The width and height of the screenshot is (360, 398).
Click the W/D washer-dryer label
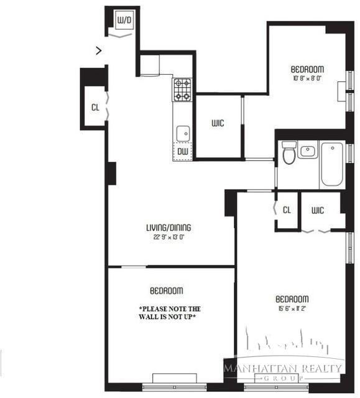click(125, 21)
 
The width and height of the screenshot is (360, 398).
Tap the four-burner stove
click(182, 90)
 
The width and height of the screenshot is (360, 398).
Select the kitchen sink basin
click(183, 133)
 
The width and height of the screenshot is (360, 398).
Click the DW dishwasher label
click(183, 151)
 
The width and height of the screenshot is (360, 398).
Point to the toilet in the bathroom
click(288, 153)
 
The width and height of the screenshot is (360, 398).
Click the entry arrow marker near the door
click(99, 50)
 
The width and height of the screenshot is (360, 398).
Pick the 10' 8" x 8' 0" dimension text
click(308, 78)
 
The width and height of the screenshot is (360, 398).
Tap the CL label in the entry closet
click(95, 108)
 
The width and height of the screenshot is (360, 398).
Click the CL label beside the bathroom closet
click(287, 210)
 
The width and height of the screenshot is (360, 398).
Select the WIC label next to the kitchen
click(217, 123)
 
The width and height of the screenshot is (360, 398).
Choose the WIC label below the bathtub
click(318, 210)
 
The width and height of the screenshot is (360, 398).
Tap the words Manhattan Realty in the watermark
click(283, 368)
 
